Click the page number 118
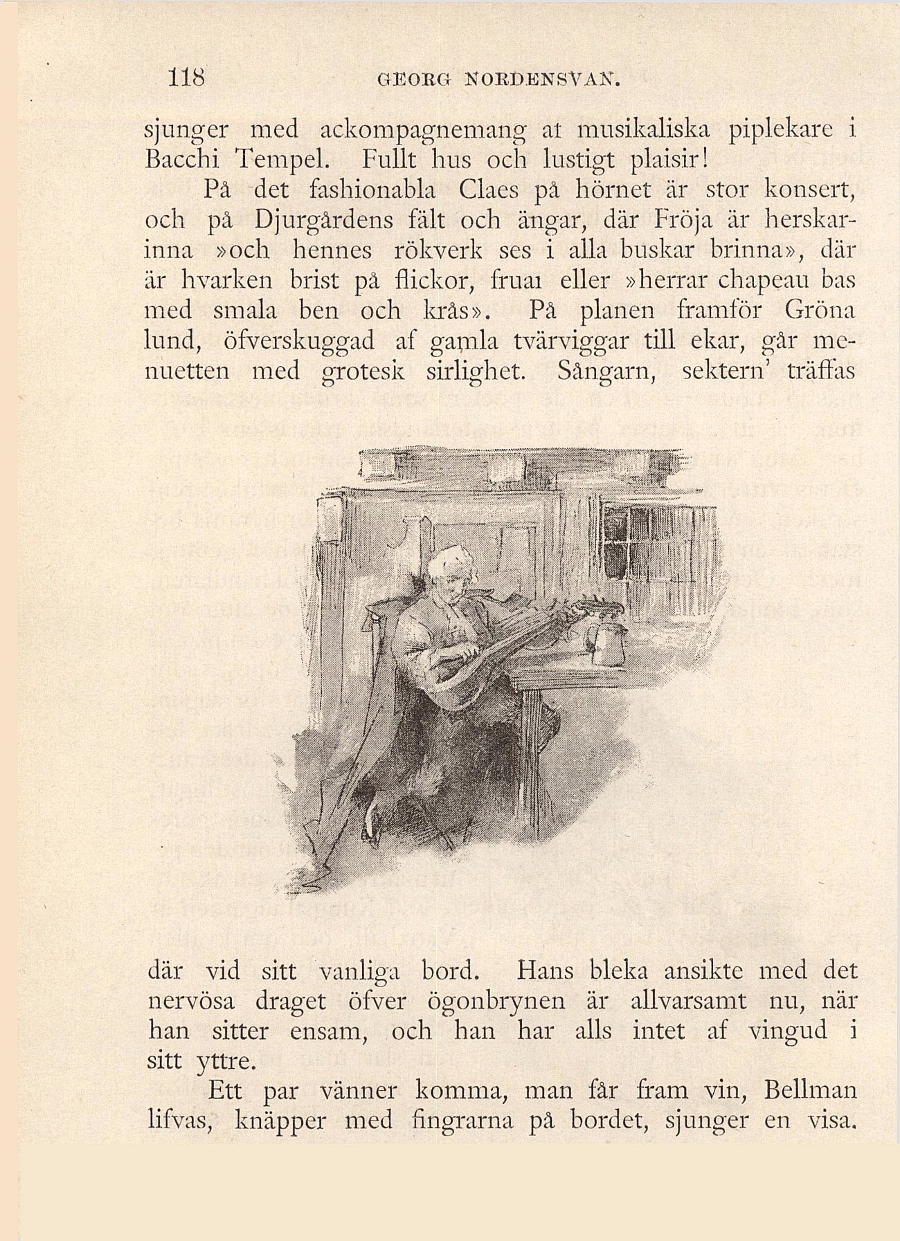coord(188,77)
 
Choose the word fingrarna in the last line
coord(462,1121)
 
